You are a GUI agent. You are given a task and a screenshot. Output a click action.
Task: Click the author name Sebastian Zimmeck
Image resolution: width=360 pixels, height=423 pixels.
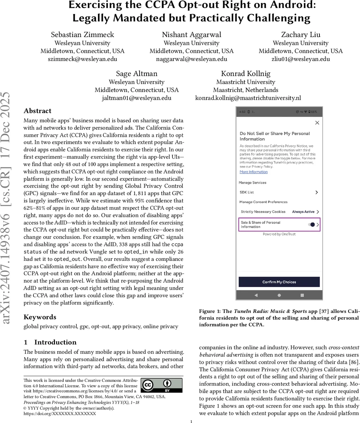tap(82, 35)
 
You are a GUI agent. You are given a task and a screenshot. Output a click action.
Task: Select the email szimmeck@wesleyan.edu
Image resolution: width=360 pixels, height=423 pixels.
tap(82, 59)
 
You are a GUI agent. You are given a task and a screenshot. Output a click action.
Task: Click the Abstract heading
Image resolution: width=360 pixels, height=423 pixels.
tap(37, 111)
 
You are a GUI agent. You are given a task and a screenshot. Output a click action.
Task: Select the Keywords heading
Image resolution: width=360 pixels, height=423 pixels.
tap(40, 317)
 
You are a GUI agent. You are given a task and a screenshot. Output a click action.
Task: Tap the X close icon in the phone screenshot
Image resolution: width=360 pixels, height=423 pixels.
tap(317, 123)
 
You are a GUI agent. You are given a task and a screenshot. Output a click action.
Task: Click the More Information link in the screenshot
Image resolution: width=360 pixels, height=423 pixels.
tap(254, 172)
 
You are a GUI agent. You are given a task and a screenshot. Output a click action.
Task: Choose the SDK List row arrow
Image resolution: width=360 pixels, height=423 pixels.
tap(316, 192)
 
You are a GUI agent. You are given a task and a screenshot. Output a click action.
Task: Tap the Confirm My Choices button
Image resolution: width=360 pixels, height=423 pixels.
tap(279, 282)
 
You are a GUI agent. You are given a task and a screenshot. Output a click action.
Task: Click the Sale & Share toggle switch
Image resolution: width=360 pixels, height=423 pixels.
tap(311, 225)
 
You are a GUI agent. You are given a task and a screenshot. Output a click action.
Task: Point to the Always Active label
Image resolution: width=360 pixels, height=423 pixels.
tap(303, 212)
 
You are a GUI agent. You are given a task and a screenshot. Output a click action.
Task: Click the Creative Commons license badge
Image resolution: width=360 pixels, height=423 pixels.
tap(162, 386)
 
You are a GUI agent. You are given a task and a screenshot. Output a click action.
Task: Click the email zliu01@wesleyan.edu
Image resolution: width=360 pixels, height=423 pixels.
tap(300, 59)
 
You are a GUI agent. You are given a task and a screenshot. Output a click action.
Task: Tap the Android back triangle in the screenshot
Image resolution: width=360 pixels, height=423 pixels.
tap(256, 295)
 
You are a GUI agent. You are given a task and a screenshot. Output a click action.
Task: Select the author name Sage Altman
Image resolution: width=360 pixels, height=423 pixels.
tap(137, 74)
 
